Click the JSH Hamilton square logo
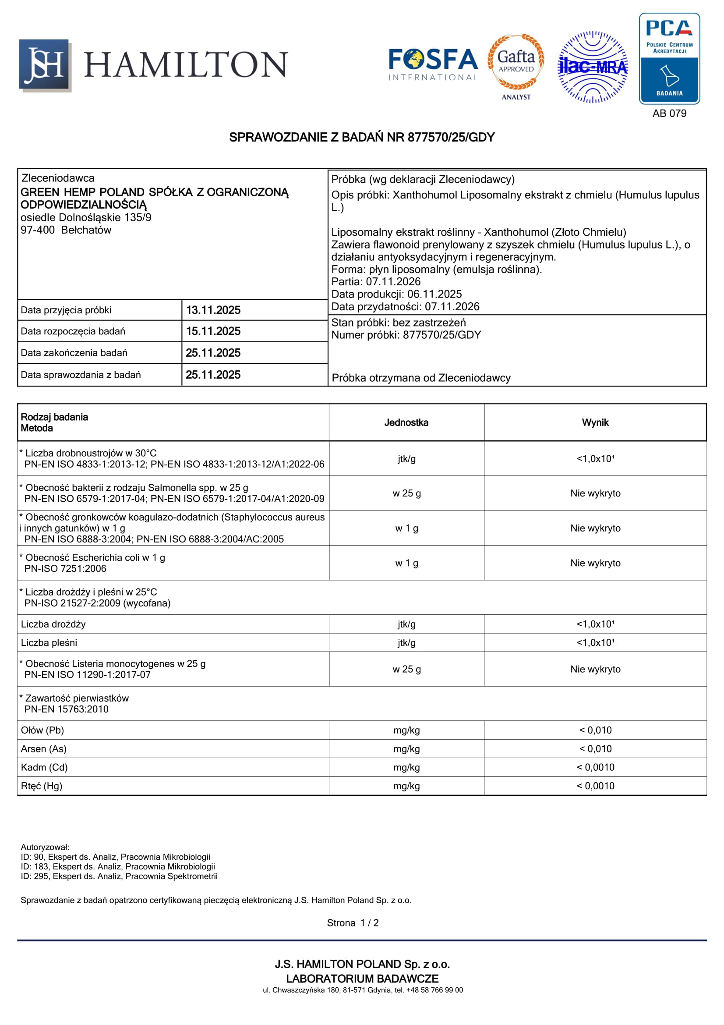(45, 65)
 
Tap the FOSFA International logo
(433, 65)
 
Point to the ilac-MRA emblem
(593, 67)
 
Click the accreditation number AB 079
(669, 113)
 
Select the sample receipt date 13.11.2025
(213, 310)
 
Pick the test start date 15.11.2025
(213, 331)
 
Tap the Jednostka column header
(406, 423)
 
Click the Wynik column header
(595, 423)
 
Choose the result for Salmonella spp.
(595, 493)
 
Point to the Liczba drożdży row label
(53, 624)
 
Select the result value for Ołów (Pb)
(595, 731)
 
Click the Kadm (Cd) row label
(44, 767)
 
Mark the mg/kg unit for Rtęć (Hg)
(406, 786)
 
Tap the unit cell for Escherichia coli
(406, 564)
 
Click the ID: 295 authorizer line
(119, 876)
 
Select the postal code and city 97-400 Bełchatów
(66, 231)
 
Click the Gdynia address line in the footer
(362, 990)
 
